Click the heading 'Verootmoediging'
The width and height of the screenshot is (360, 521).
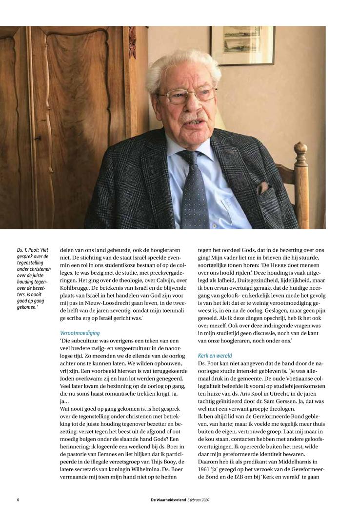click(x=80, y=333)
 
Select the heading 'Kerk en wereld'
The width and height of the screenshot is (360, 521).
click(x=215, y=356)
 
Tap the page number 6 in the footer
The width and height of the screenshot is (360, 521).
click(x=18, y=501)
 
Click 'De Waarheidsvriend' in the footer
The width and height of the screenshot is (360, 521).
click(x=169, y=501)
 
